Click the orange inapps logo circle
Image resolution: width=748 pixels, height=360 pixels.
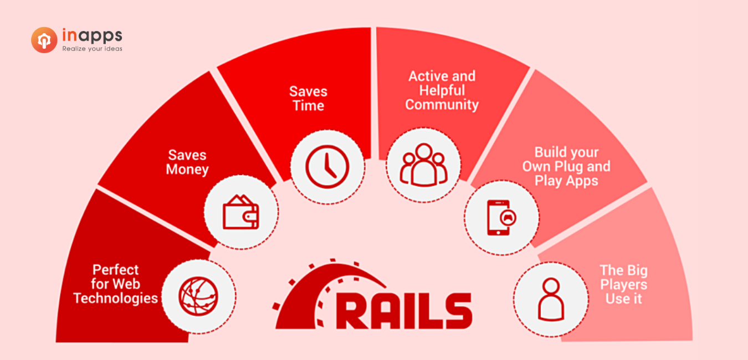point(44,40)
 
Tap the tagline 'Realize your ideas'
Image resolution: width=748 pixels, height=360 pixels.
point(92,49)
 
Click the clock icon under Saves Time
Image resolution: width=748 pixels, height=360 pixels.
point(327,167)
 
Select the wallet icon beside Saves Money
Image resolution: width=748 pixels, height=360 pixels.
point(241,212)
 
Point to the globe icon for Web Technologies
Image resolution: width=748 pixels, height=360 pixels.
point(198,296)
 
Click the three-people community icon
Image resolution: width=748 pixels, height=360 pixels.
point(423,164)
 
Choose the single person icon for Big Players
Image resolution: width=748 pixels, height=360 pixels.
point(551,299)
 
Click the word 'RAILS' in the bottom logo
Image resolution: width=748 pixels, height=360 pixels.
point(404,311)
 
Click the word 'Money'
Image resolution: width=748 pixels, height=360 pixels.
point(187,169)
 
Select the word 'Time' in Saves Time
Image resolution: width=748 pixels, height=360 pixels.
point(309,106)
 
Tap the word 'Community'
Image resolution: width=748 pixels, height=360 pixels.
point(442,105)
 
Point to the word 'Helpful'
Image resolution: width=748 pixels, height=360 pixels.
point(442,90)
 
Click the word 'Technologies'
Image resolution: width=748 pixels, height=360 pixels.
point(116,299)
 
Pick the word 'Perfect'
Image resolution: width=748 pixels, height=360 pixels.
point(116,270)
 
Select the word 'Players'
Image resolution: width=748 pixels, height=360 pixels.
point(623,285)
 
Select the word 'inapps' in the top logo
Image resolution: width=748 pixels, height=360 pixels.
point(92,35)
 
